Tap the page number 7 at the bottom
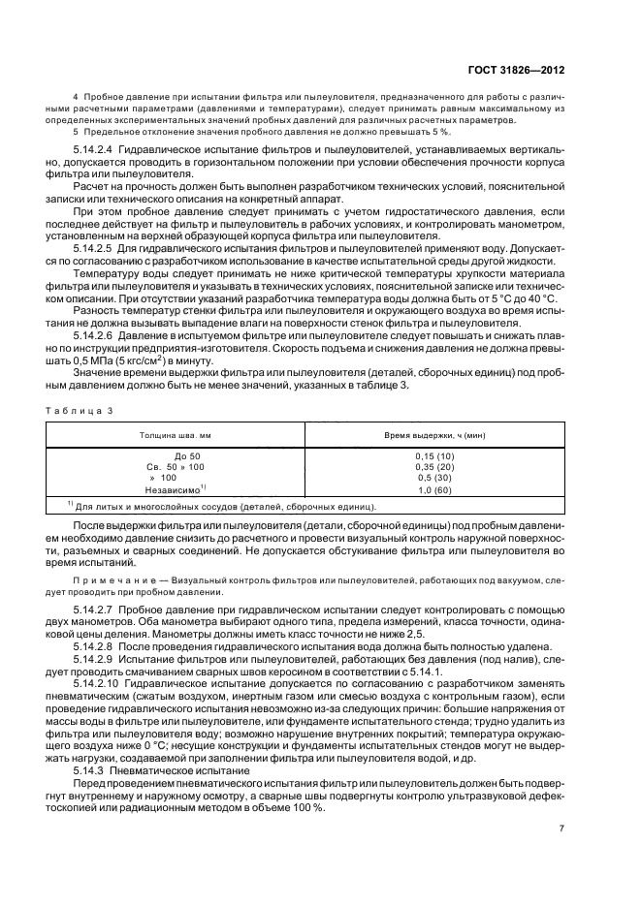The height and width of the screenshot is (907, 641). pyautogui.click(x=561, y=829)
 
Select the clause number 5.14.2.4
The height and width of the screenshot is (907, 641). pyautogui.click(x=99, y=150)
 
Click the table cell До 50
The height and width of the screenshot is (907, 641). pyautogui.click(x=186, y=454)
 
